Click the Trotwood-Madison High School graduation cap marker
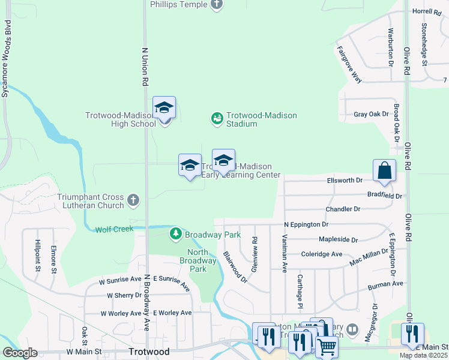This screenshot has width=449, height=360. click(164, 109)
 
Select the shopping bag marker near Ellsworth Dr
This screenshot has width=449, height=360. click(384, 170)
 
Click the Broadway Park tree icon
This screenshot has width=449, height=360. click(176, 233)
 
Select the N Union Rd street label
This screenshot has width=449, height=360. click(145, 67)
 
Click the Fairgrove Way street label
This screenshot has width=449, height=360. click(349, 64)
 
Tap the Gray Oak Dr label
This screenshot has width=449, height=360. click(368, 114)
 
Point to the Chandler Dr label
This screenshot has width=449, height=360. click(343, 209)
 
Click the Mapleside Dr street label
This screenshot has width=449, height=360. click(337, 239)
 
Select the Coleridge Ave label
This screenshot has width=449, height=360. click(321, 254)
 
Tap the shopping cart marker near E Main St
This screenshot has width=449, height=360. click(326, 347)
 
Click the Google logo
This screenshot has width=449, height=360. click(20, 353)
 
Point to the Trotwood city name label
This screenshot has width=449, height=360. click(149, 352)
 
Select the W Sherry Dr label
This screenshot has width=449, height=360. click(124, 295)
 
